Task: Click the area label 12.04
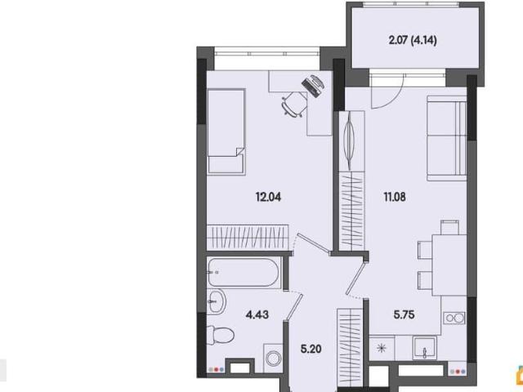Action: click(x=268, y=197)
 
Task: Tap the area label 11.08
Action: click(x=395, y=197)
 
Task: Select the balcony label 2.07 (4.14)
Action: click(x=413, y=40)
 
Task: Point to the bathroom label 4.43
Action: click(x=257, y=314)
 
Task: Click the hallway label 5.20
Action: click(x=311, y=349)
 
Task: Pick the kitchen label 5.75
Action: click(x=404, y=314)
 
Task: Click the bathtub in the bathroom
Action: click(x=244, y=273)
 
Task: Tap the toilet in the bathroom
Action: click(x=220, y=334)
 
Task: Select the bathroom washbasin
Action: click(x=217, y=301)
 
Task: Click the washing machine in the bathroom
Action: click(x=273, y=359)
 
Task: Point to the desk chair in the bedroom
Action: click(x=294, y=104)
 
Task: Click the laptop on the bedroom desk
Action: click(x=313, y=86)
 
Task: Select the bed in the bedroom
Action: click(x=226, y=131)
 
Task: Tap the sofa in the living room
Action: click(x=446, y=138)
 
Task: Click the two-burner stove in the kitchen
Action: click(x=454, y=318)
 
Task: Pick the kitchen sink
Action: click(x=425, y=348)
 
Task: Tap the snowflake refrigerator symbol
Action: click(x=382, y=349)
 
